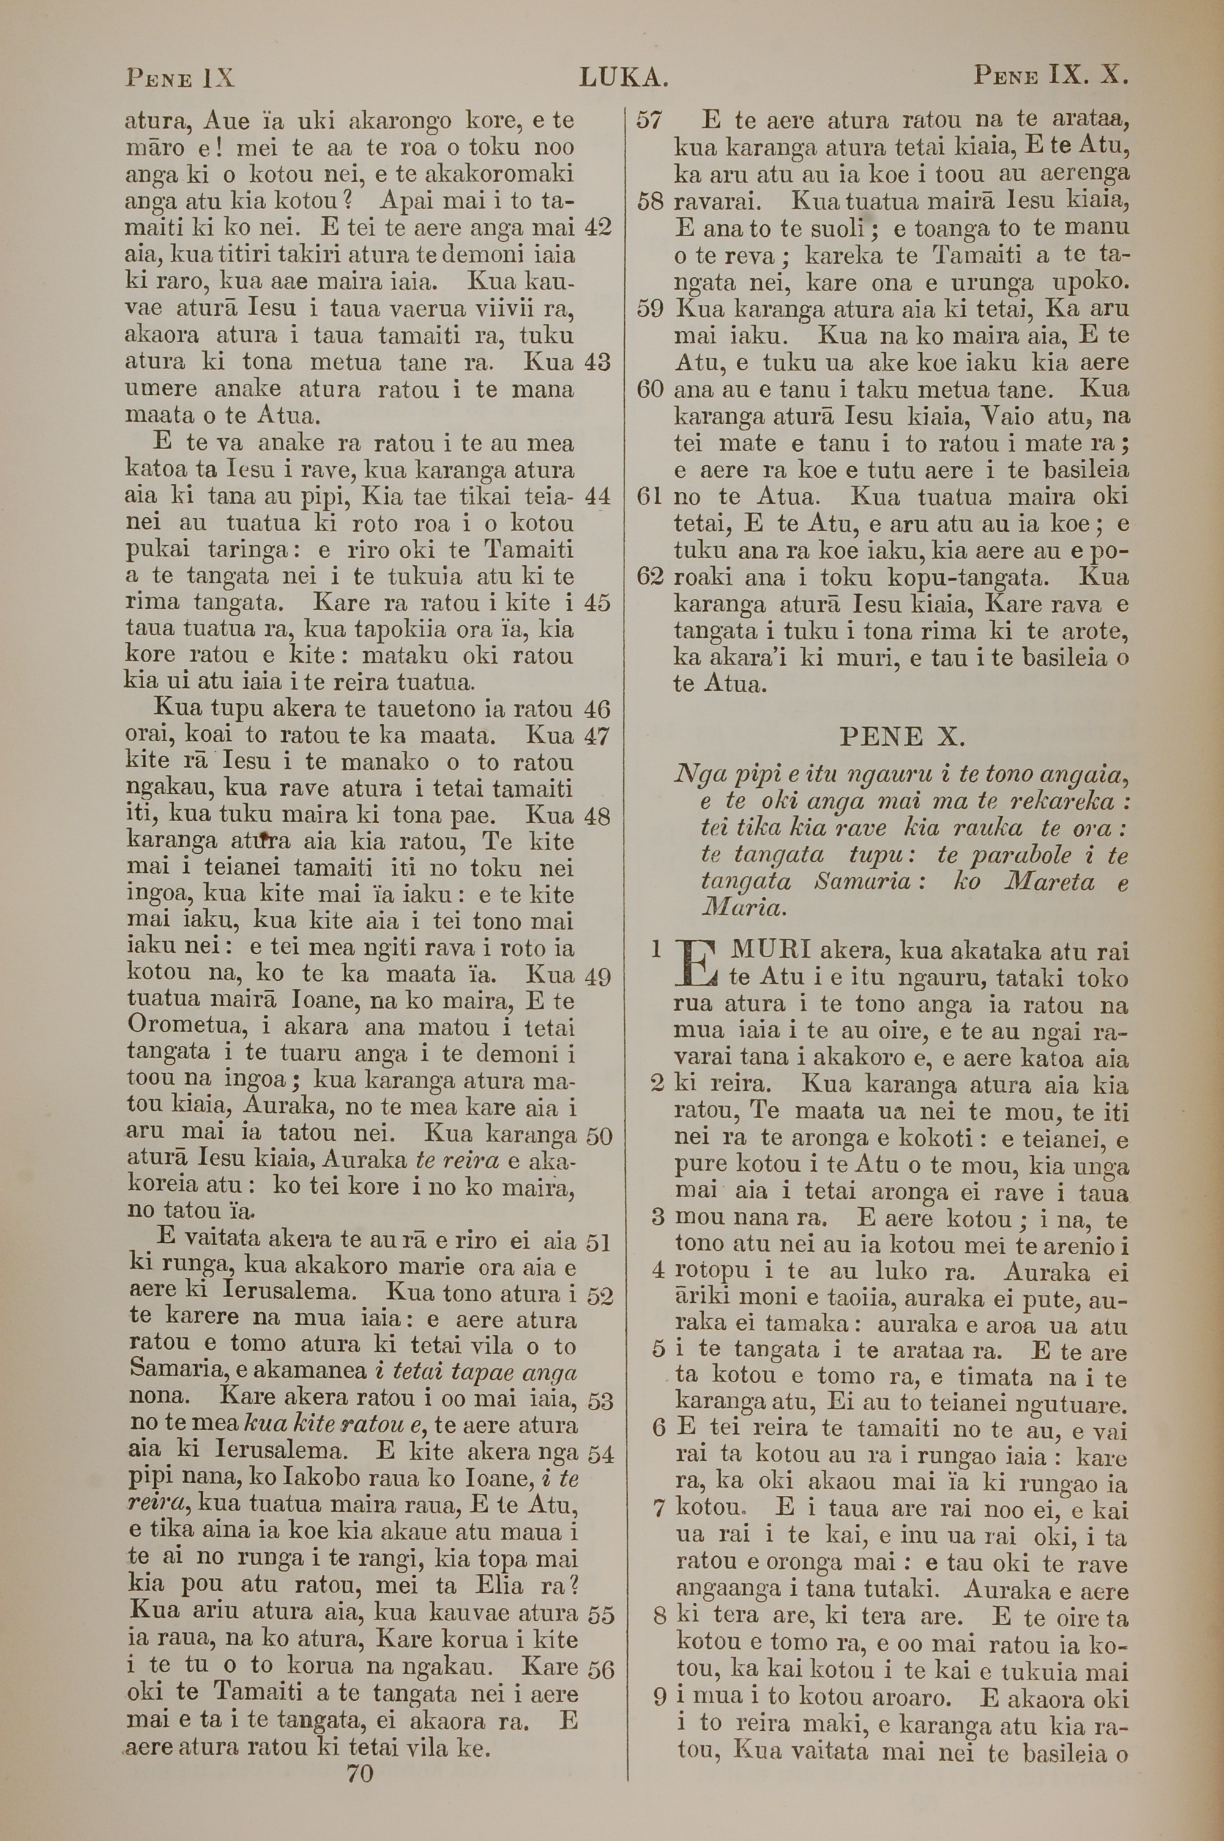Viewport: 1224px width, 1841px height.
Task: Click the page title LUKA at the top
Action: [x=624, y=77]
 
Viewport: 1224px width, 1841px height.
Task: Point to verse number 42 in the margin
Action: [x=597, y=228]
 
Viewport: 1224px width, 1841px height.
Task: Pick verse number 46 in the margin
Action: [x=597, y=709]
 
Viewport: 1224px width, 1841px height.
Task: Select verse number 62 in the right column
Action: [x=649, y=578]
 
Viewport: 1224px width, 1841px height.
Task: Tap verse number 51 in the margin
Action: [x=598, y=1242]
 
